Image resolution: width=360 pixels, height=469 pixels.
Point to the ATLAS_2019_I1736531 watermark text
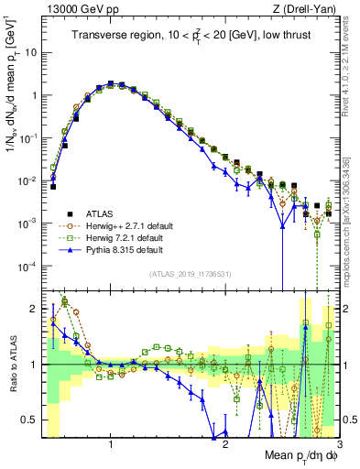189,275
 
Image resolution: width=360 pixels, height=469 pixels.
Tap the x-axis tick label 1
111,444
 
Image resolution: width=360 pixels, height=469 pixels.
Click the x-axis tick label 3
340,444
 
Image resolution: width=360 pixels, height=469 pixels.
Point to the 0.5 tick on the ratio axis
29,420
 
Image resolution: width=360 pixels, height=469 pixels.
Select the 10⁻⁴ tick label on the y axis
27,266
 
